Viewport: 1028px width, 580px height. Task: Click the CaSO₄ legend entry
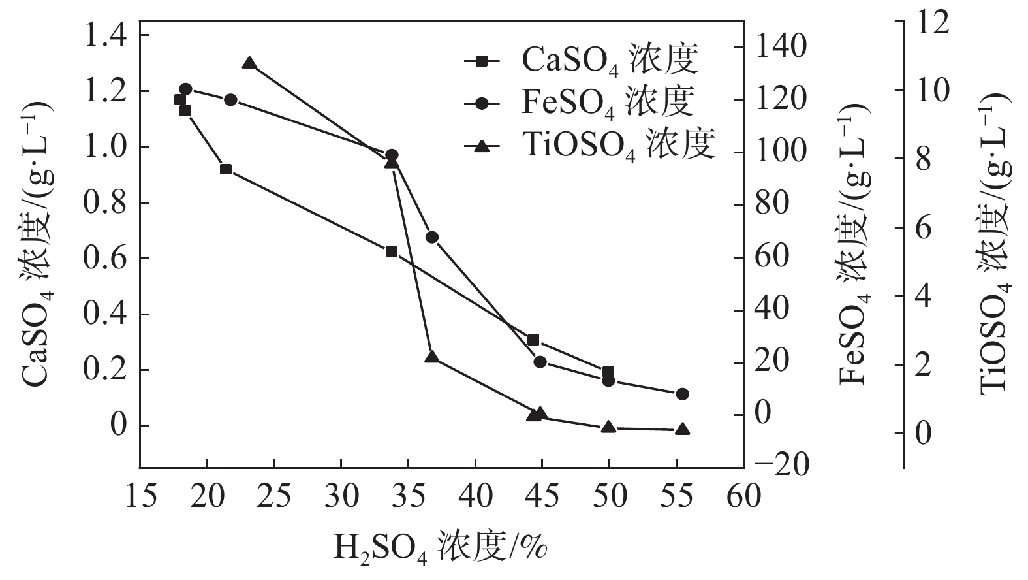[581, 61]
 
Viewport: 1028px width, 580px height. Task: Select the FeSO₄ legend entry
[581, 103]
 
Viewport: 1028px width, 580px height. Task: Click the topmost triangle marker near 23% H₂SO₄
[249, 63]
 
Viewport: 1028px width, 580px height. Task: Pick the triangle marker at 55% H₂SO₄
[682, 429]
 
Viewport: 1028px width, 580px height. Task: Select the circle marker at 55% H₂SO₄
[682, 394]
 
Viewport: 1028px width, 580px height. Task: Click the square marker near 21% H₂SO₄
[226, 169]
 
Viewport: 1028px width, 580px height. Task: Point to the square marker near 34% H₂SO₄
[392, 251]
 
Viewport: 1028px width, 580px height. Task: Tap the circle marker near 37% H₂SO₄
[431, 237]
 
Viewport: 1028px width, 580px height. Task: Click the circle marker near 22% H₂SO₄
[230, 100]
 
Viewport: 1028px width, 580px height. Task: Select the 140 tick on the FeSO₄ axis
[780, 47]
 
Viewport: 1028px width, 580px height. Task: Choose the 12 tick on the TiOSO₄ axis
[932, 22]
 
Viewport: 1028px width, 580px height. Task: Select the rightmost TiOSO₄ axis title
[994, 242]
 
